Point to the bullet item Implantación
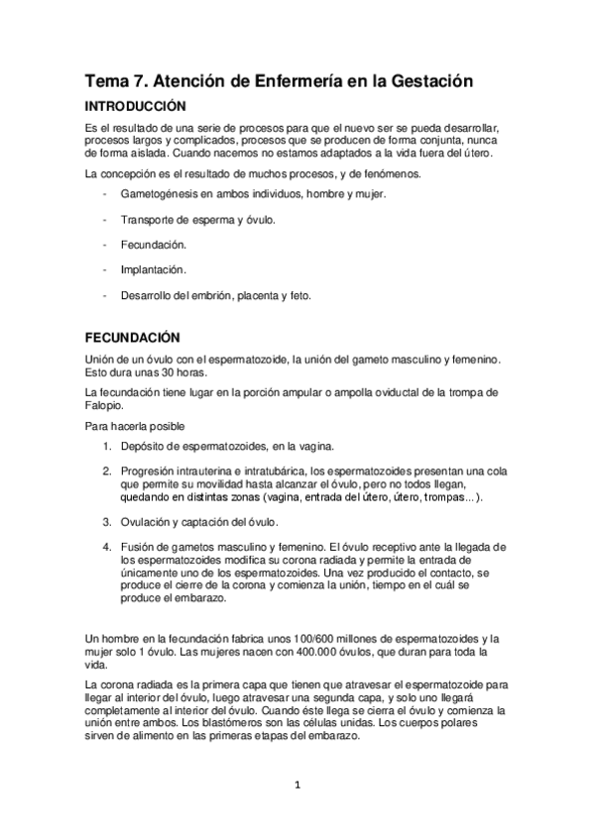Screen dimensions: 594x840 (x=153, y=268)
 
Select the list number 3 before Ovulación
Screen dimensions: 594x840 (x=107, y=522)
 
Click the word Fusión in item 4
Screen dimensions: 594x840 (x=137, y=547)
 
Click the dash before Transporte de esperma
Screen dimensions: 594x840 (x=105, y=219)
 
